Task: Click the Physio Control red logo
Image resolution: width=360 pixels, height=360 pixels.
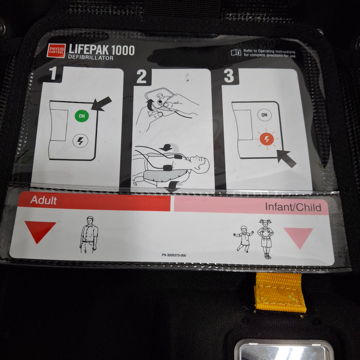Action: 56,50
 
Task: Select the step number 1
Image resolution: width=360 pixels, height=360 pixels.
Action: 53,75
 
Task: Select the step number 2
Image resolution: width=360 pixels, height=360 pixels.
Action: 141,77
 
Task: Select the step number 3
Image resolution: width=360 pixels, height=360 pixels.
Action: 229,76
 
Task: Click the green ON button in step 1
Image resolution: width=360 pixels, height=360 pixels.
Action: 81,116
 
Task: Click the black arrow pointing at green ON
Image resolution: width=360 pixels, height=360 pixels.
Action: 101,103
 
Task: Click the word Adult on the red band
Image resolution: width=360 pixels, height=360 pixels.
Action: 43,200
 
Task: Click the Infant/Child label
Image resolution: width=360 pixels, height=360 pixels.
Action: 293,207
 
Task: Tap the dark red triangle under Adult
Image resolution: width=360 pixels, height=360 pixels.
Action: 40,230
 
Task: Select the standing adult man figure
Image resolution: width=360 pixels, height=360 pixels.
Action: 89,235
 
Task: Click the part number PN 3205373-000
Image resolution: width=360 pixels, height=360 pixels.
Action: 174,256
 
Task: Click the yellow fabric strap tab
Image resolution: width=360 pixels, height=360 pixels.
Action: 280,292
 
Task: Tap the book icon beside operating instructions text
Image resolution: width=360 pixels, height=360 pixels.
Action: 236,52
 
